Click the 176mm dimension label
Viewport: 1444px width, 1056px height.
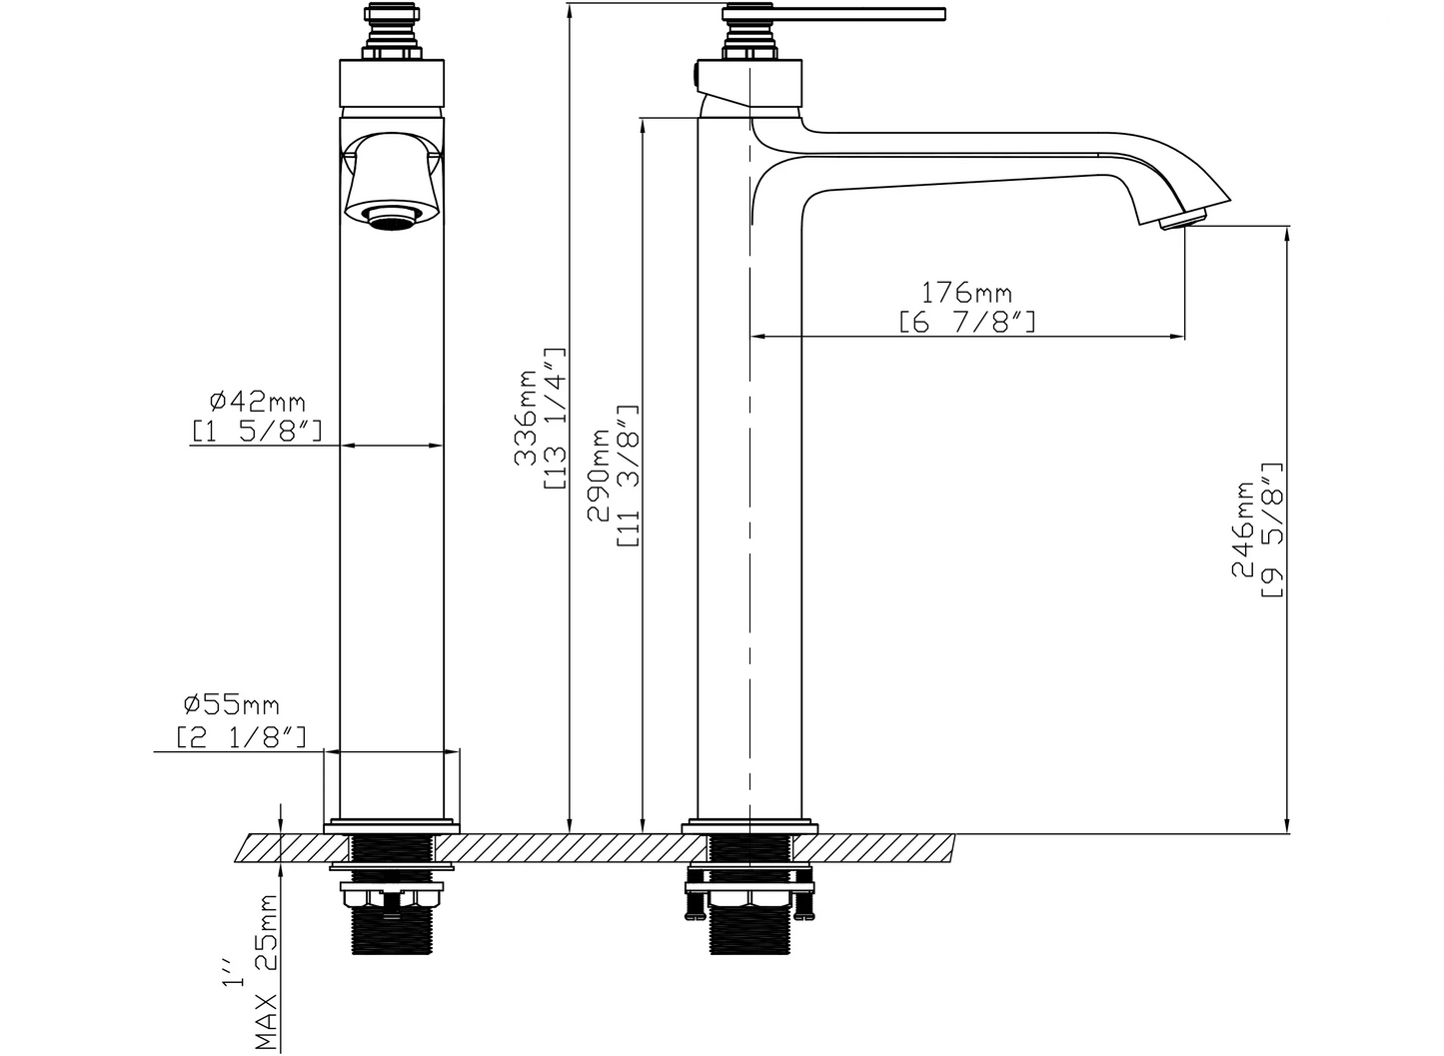(x=965, y=293)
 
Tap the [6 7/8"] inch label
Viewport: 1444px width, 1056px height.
(x=967, y=322)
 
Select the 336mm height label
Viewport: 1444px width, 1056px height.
(x=526, y=418)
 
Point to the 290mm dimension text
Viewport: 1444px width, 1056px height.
(x=599, y=475)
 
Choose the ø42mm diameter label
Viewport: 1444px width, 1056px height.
(x=257, y=402)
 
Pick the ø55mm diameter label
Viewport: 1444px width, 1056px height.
(x=232, y=705)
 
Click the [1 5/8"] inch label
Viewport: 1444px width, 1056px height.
(x=257, y=431)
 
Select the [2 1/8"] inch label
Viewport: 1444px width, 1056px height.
(x=242, y=735)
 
